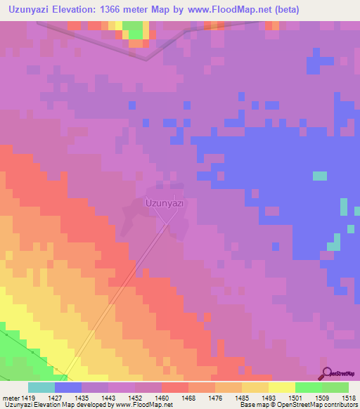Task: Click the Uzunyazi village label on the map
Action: tap(164, 203)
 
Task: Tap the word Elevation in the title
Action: tap(88, 10)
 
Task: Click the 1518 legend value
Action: tap(350, 398)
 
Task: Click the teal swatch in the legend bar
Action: tap(41, 387)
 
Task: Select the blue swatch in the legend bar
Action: tap(68, 387)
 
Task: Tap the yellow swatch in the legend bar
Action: tap(282, 387)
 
